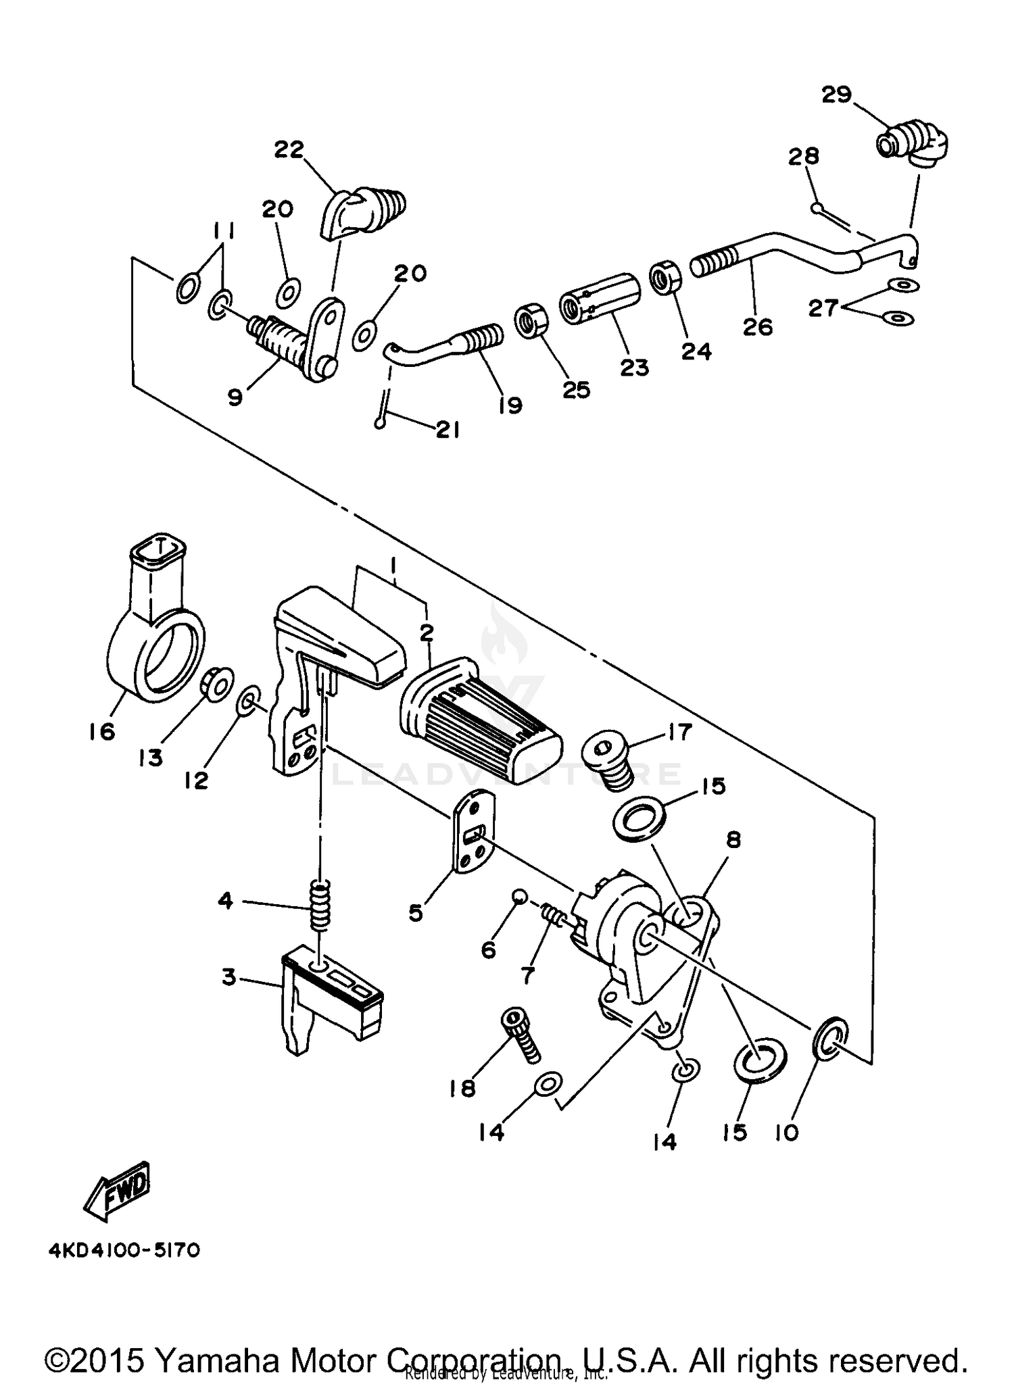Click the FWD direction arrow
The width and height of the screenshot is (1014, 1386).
click(117, 1193)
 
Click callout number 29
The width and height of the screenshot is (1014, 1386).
click(836, 95)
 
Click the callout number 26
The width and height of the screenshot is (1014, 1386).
click(757, 327)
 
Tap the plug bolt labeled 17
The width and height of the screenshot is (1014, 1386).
click(608, 760)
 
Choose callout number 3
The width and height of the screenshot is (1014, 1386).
click(230, 977)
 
